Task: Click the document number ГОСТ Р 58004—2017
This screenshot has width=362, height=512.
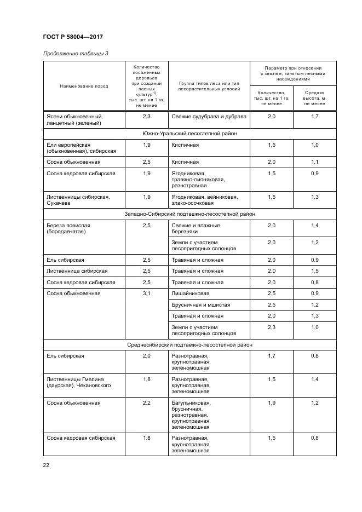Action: pyautogui.click(x=73, y=37)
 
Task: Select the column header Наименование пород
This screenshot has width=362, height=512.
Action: pyautogui.click(x=84, y=86)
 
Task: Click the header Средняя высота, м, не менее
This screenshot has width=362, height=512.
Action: pyautogui.click(x=314, y=98)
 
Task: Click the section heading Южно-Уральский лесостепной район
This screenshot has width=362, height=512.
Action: pyautogui.click(x=189, y=133)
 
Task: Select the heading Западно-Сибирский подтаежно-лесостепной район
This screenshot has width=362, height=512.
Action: pyautogui.click(x=189, y=214)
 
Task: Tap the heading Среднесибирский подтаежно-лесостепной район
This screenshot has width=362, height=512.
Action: pyautogui.click(x=189, y=345)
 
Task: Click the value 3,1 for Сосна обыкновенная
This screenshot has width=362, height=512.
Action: pyautogui.click(x=146, y=294)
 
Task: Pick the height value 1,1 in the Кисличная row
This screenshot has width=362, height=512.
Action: pyautogui.click(x=314, y=162)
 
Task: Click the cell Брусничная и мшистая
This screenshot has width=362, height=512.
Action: pyautogui.click(x=201, y=304)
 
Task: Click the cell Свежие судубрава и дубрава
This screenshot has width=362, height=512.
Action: pyautogui.click(x=209, y=117)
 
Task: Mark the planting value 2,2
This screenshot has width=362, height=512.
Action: pyautogui.click(x=146, y=402)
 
